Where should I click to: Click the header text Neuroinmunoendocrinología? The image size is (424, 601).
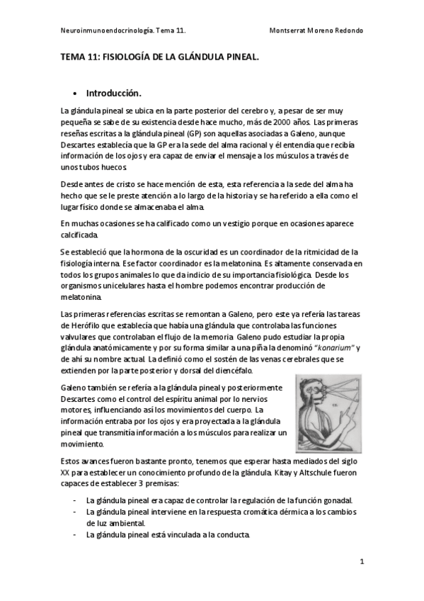(x=100, y=31)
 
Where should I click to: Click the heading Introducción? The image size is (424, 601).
(x=114, y=93)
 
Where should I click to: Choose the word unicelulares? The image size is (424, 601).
(x=129, y=286)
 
